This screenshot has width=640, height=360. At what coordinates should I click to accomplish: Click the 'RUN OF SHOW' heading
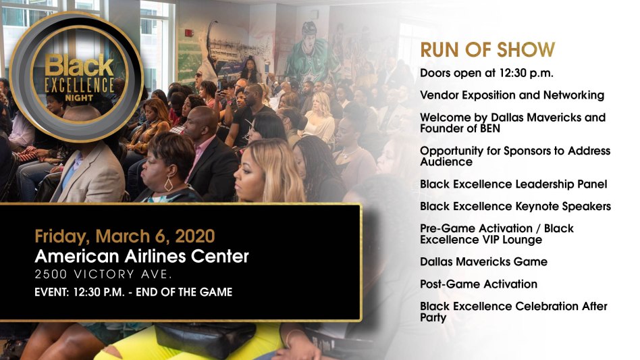487,50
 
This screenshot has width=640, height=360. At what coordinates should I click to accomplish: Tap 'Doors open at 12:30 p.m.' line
487,73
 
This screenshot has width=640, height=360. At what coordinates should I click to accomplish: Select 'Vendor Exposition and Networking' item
512,95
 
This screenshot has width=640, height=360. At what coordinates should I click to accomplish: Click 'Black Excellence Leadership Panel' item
514,184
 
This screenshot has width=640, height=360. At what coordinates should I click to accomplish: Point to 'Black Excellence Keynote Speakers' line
516,206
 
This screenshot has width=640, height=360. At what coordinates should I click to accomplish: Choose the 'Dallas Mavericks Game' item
483,261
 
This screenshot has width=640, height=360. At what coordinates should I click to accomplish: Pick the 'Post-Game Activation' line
479,284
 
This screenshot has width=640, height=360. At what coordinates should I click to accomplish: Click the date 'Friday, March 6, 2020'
125,236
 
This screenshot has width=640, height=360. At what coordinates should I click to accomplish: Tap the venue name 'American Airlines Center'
142,257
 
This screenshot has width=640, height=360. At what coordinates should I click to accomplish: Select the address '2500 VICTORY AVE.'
103,274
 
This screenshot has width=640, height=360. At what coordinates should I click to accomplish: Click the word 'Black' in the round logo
79,66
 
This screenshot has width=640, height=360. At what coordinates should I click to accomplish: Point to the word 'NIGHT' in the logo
79,98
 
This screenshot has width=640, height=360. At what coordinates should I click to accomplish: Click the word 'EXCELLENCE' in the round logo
79,85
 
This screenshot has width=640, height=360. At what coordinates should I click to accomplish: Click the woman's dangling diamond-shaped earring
168,184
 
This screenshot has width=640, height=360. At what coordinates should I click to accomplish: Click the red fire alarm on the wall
188,32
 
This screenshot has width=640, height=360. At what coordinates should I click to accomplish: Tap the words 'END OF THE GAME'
184,292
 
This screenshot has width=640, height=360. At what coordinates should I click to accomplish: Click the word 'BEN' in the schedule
490,128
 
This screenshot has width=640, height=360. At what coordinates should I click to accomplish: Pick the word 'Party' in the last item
433,317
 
